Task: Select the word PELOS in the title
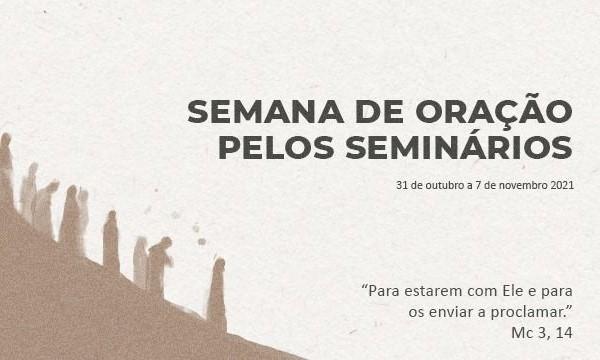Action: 277,147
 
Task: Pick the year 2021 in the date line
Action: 562,186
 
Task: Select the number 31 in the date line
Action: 401,186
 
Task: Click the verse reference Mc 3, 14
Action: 542,333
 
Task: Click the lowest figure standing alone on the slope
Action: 217,291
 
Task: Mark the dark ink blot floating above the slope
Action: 202,241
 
